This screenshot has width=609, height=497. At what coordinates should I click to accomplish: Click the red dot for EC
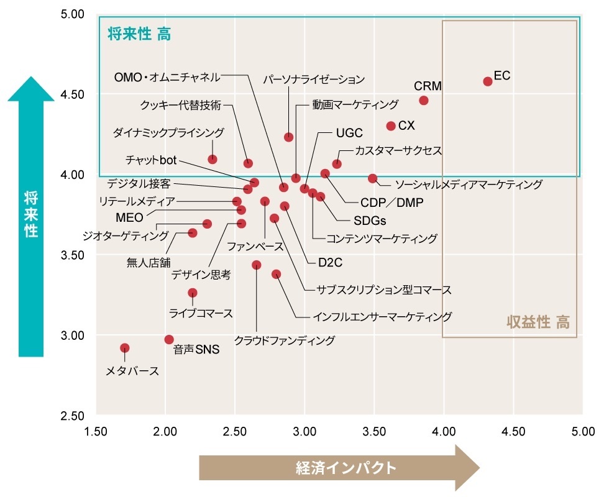coord(488,81)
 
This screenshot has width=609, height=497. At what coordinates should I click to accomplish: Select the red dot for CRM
coord(424,101)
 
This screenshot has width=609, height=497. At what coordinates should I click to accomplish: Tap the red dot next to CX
coord(391,126)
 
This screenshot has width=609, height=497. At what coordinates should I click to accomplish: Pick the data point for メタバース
coord(124,349)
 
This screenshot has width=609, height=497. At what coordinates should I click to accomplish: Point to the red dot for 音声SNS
coord(169,340)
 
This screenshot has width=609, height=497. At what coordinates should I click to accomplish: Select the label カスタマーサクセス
coord(398,151)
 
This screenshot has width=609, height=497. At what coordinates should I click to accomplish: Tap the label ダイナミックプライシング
coord(168,132)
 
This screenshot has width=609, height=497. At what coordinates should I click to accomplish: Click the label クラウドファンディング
coord(284,340)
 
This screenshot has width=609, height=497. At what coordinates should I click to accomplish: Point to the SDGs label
coord(370,221)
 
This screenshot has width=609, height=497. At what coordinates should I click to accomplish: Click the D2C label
coord(330,263)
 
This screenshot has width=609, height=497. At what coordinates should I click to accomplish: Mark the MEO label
coord(129,217)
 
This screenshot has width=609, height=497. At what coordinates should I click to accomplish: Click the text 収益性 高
coord(538,322)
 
